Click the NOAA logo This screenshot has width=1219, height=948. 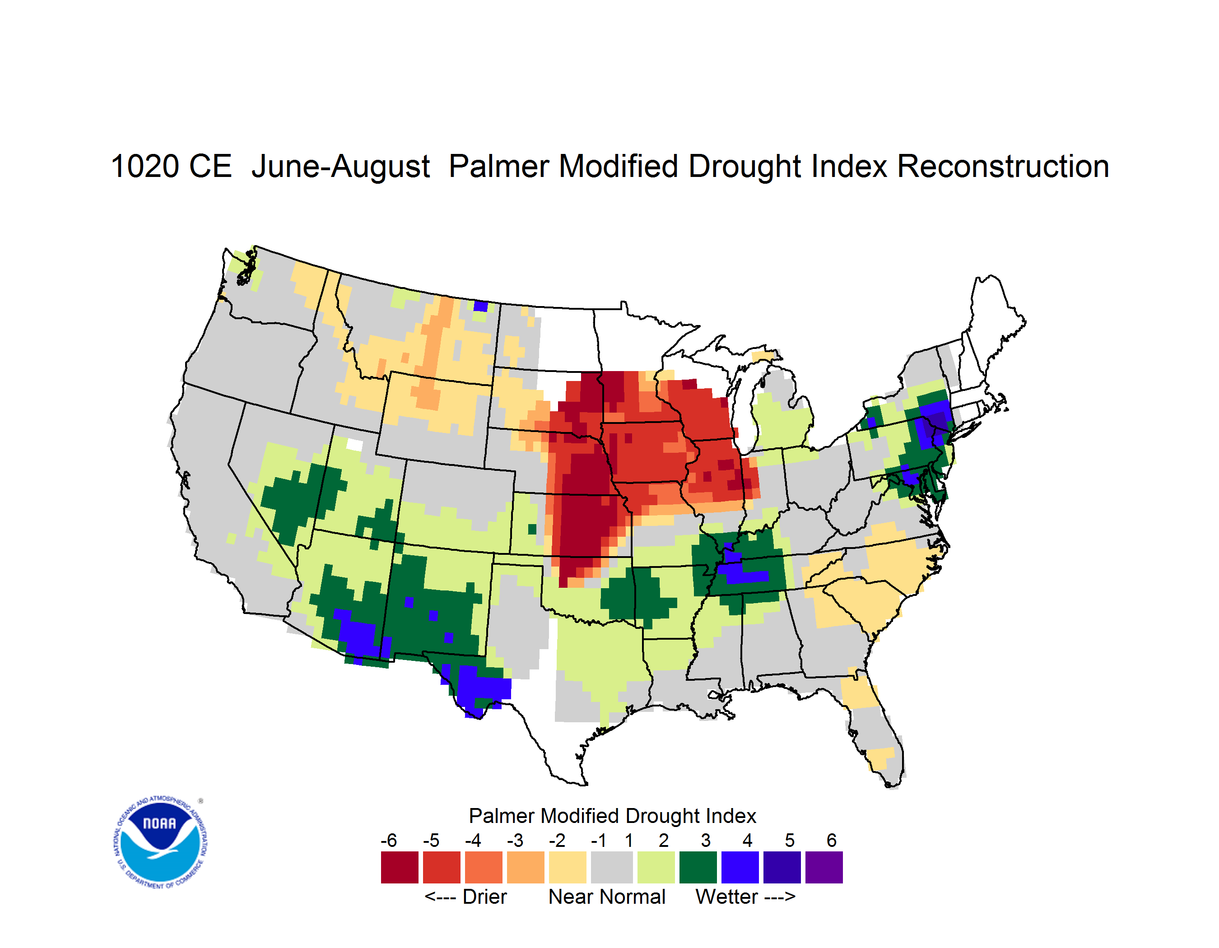coord(160,842)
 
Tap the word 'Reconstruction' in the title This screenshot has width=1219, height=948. coord(1002,166)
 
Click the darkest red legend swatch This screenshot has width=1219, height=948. coord(400,867)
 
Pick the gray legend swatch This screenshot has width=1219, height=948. coord(612,867)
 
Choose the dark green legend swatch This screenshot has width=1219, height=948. coord(698,867)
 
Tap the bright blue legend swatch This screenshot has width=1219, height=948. coord(740,867)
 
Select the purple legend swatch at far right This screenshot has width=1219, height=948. coord(824,867)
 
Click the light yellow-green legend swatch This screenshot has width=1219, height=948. coord(656,867)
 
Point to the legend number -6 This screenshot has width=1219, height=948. coord(388,840)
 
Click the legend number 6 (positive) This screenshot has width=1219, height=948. coord(832,840)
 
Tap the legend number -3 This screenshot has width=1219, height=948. coord(515,840)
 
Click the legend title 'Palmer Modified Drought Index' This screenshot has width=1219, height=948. coord(612,816)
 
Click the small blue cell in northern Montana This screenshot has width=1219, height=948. coord(480,306)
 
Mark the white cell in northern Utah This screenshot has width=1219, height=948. coord(354,445)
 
